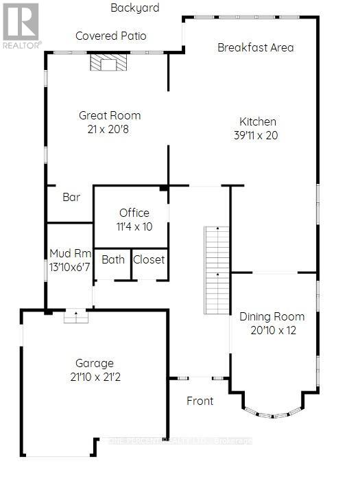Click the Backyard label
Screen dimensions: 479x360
(135, 8)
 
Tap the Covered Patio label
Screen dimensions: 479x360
(110, 36)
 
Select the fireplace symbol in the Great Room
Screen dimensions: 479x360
(108, 64)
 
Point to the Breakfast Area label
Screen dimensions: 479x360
(255, 47)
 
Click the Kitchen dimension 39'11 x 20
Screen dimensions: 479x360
(255, 135)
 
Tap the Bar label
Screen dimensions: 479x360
(71, 197)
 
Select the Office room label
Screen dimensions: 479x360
(134, 212)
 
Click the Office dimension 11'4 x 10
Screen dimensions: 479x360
(134, 226)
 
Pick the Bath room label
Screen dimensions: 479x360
(113, 259)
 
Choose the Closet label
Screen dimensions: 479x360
(149, 259)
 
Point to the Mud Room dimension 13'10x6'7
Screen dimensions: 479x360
(69, 267)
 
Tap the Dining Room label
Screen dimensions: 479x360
(272, 317)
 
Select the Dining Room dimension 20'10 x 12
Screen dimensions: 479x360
(272, 331)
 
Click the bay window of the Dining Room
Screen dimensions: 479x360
(273, 412)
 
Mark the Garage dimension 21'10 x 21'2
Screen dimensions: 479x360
(95, 377)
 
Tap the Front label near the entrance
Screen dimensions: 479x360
(200, 401)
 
